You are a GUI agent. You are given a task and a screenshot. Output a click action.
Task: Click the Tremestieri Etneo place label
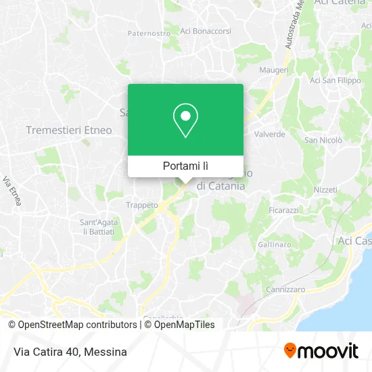pos(69,130)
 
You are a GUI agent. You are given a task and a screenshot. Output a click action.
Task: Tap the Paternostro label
pos(149,32)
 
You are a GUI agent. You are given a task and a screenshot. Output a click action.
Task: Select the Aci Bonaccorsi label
pos(206,30)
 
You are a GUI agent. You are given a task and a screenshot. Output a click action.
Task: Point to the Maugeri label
pos(274,70)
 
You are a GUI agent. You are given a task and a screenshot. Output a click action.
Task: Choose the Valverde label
pos(269,134)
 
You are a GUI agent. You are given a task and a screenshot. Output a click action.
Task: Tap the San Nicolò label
pos(323,140)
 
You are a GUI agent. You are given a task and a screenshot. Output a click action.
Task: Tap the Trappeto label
pos(142,204)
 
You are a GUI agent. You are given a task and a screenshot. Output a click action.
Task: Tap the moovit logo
pos(321,351)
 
